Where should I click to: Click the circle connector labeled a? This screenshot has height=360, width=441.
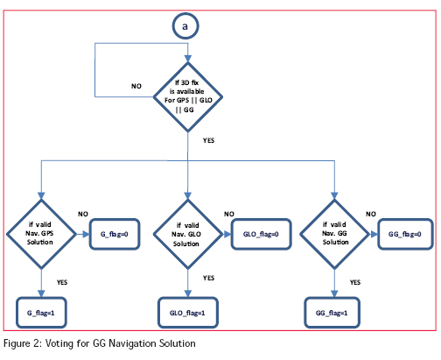(185, 26)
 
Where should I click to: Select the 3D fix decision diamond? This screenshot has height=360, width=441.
(188, 97)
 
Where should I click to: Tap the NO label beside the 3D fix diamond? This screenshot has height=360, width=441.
(136, 86)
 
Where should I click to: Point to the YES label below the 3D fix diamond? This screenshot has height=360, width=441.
(208, 140)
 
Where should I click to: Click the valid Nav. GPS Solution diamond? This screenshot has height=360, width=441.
(41, 234)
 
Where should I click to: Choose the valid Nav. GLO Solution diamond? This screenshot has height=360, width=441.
(188, 234)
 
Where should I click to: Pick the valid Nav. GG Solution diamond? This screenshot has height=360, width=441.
(334, 234)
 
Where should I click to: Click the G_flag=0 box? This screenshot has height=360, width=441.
(115, 234)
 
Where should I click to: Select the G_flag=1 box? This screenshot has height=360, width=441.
(41, 313)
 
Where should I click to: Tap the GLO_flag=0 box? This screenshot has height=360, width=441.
(261, 234)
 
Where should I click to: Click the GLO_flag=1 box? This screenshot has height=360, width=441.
(188, 313)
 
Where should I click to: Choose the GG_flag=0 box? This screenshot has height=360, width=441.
(405, 234)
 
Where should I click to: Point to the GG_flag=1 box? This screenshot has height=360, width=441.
(332, 313)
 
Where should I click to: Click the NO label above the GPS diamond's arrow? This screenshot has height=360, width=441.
(83, 214)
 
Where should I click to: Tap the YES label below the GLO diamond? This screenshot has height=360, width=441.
(208, 278)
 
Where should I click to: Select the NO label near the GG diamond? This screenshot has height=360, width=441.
(371, 214)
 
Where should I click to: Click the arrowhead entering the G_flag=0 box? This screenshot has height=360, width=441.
(86, 234)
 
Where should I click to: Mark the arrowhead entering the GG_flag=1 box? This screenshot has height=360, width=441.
(334, 293)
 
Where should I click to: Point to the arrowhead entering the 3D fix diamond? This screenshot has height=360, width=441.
(188, 59)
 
